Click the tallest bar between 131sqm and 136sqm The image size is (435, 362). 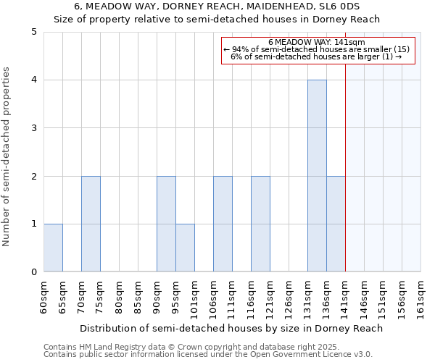(x=317, y=176)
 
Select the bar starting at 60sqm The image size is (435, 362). (x=53, y=248)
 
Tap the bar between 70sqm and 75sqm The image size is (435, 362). (x=91, y=224)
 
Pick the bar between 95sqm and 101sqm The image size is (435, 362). (x=185, y=248)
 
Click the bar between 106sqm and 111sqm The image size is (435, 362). (x=223, y=224)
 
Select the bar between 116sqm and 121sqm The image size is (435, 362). (x=260, y=224)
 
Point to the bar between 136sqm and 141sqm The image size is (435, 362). (x=336, y=224)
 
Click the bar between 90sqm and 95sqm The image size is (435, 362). (x=166, y=224)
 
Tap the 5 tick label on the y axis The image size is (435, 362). (x=34, y=32)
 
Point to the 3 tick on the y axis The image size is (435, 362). (x=34, y=128)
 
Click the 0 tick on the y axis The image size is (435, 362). (x=34, y=272)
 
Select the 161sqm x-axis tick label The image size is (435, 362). (x=421, y=296)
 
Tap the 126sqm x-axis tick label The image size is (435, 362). (x=289, y=296)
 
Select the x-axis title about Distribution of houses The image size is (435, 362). (x=231, y=328)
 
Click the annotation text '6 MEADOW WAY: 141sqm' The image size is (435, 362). (x=316, y=43)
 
